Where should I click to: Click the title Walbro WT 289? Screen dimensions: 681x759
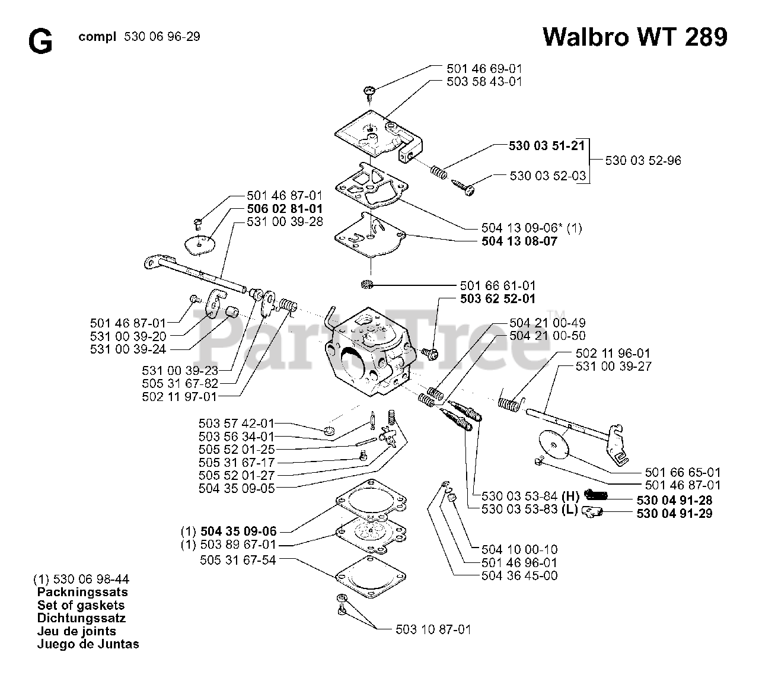pyautogui.click(x=634, y=37)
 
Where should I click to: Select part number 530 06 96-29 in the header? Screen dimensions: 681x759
pyautogui.click(x=162, y=37)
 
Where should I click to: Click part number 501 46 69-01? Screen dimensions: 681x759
pyautogui.click(x=484, y=68)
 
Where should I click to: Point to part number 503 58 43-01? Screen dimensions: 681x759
pyautogui.click(x=484, y=82)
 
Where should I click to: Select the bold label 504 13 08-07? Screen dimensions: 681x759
pyautogui.click(x=519, y=241)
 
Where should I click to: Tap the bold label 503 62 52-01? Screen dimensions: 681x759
pyautogui.click(x=498, y=299)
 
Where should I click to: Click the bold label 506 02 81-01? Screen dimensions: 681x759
pyautogui.click(x=285, y=209)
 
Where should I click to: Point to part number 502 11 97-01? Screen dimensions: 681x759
pyautogui.click(x=180, y=396)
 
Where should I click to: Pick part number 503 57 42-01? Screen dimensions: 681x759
pyautogui.click(x=237, y=424)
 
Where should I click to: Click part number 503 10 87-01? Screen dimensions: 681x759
pyautogui.click(x=433, y=629)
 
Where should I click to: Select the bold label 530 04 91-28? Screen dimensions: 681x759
pyautogui.click(x=674, y=500)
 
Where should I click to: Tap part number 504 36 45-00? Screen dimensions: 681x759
pyautogui.click(x=519, y=575)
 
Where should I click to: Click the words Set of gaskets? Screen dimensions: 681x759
pyautogui.click(x=81, y=605)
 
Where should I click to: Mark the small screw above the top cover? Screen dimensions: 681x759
pyautogui.click(x=370, y=92)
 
